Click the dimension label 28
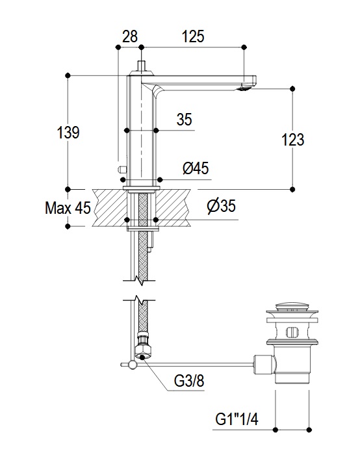(130, 36)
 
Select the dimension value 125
(193, 36)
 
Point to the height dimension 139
(68, 133)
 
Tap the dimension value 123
(292, 140)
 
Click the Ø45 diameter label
(196, 168)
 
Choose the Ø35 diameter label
(221, 206)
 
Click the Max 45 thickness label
(68, 207)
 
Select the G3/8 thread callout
(189, 380)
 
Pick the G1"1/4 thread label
(237, 419)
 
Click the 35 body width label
(185, 119)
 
